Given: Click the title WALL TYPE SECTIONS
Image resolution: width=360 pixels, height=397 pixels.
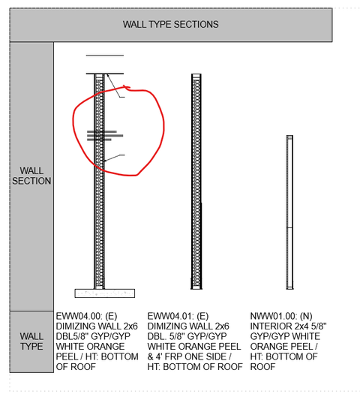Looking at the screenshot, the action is click(171, 24).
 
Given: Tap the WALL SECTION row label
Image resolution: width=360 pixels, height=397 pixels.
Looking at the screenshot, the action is click(31, 176).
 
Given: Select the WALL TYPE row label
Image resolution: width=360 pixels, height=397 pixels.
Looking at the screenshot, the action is click(31, 341).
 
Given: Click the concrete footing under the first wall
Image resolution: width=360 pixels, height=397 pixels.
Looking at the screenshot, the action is click(105, 293).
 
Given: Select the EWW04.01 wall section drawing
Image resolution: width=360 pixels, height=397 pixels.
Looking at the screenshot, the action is click(196, 182).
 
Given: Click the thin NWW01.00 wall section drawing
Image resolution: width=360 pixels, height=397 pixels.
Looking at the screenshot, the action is click(289, 212).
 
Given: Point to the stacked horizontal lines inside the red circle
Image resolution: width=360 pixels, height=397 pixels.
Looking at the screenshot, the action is click(105, 135).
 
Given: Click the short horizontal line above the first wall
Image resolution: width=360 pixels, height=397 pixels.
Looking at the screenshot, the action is click(105, 56).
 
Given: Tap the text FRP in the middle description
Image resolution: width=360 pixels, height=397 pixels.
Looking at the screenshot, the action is click(174, 356).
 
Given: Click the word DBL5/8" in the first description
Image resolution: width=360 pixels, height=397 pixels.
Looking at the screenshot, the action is click(72, 336).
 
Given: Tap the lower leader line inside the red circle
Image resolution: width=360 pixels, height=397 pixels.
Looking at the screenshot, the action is click(114, 158).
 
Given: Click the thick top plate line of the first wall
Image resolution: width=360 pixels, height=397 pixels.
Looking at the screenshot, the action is click(105, 74).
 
